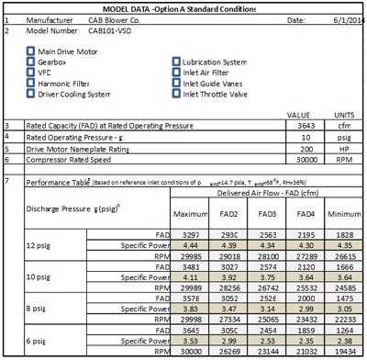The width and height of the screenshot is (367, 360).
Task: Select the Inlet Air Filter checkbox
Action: point(175,73)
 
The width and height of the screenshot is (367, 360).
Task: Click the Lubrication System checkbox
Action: point(175,62)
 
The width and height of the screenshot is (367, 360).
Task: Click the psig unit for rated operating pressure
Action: point(334,137)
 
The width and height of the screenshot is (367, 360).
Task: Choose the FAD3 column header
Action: point(269,214)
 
